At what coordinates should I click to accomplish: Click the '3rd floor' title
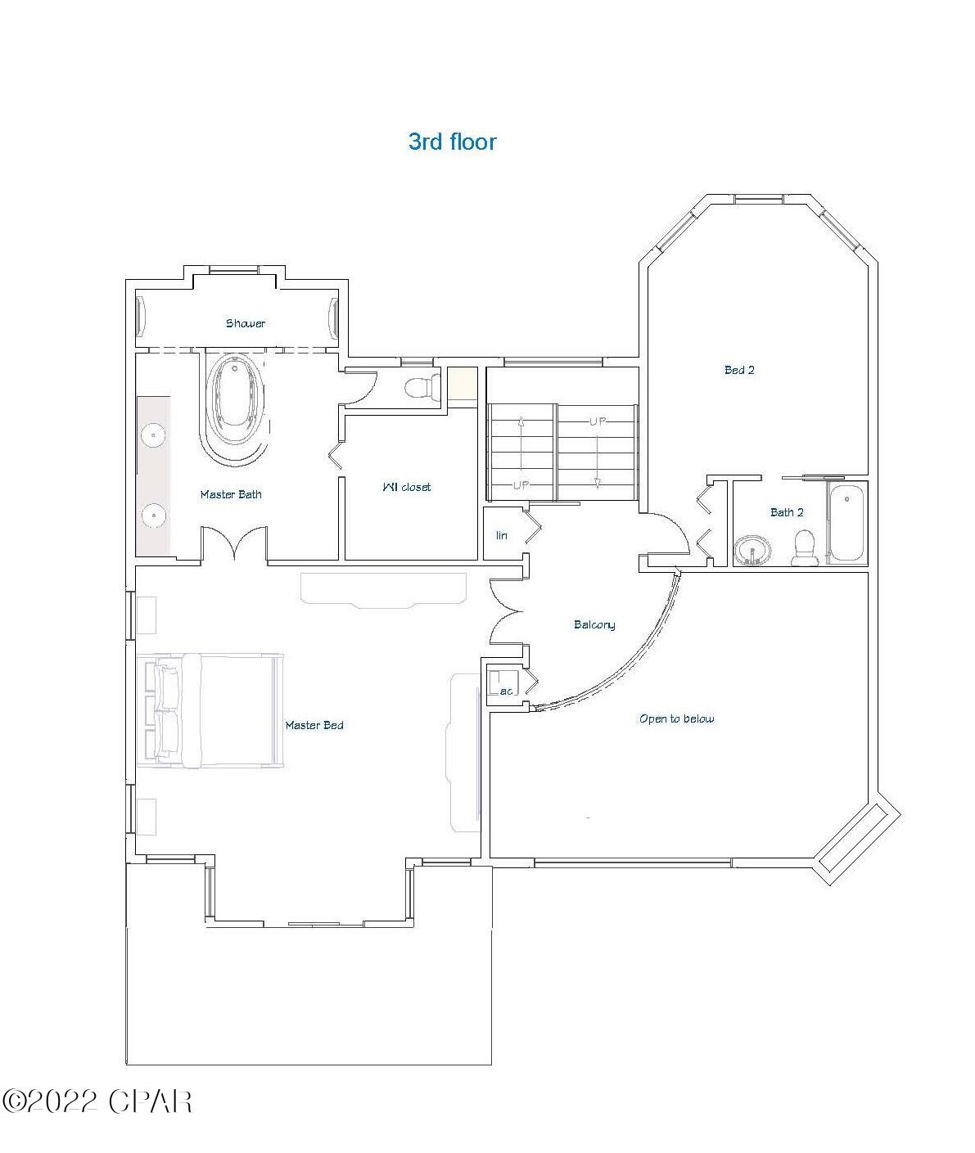[452, 142]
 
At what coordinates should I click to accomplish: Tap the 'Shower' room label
[246, 323]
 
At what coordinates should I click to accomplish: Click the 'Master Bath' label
[231, 494]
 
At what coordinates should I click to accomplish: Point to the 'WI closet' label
[406, 487]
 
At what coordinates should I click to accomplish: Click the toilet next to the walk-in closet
[422, 386]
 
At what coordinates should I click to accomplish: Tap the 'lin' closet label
[502, 535]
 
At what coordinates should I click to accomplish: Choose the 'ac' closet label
[506, 691]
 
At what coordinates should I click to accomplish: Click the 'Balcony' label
[594, 624]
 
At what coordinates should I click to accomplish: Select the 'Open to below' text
[676, 718]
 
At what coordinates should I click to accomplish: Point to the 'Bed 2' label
[739, 370]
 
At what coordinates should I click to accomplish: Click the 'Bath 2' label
[787, 512]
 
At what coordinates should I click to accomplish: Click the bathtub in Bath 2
[846, 523]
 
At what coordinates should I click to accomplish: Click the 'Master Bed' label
[314, 725]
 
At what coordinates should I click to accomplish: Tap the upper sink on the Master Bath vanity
[151, 435]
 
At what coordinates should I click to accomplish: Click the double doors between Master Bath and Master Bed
[234, 545]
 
